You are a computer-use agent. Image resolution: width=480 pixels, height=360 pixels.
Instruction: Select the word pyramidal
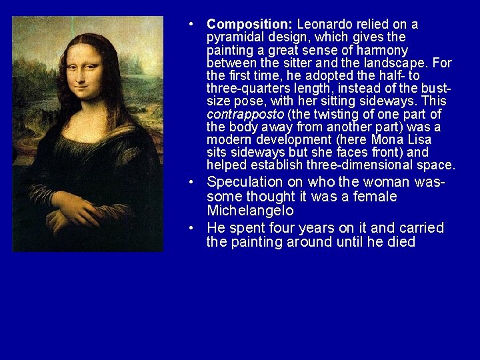tap(234, 37)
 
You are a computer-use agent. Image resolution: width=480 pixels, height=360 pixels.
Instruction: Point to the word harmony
tap(382, 50)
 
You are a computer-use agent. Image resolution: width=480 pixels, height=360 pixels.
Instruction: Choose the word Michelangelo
tap(251, 211)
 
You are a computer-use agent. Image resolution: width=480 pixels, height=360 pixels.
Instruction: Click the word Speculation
tap(245, 182)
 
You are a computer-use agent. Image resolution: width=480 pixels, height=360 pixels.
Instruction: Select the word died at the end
tap(401, 242)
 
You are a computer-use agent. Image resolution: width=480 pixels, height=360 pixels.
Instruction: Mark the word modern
tap(229, 139)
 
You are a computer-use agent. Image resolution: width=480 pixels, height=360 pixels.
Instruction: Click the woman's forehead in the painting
tap(83, 53)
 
